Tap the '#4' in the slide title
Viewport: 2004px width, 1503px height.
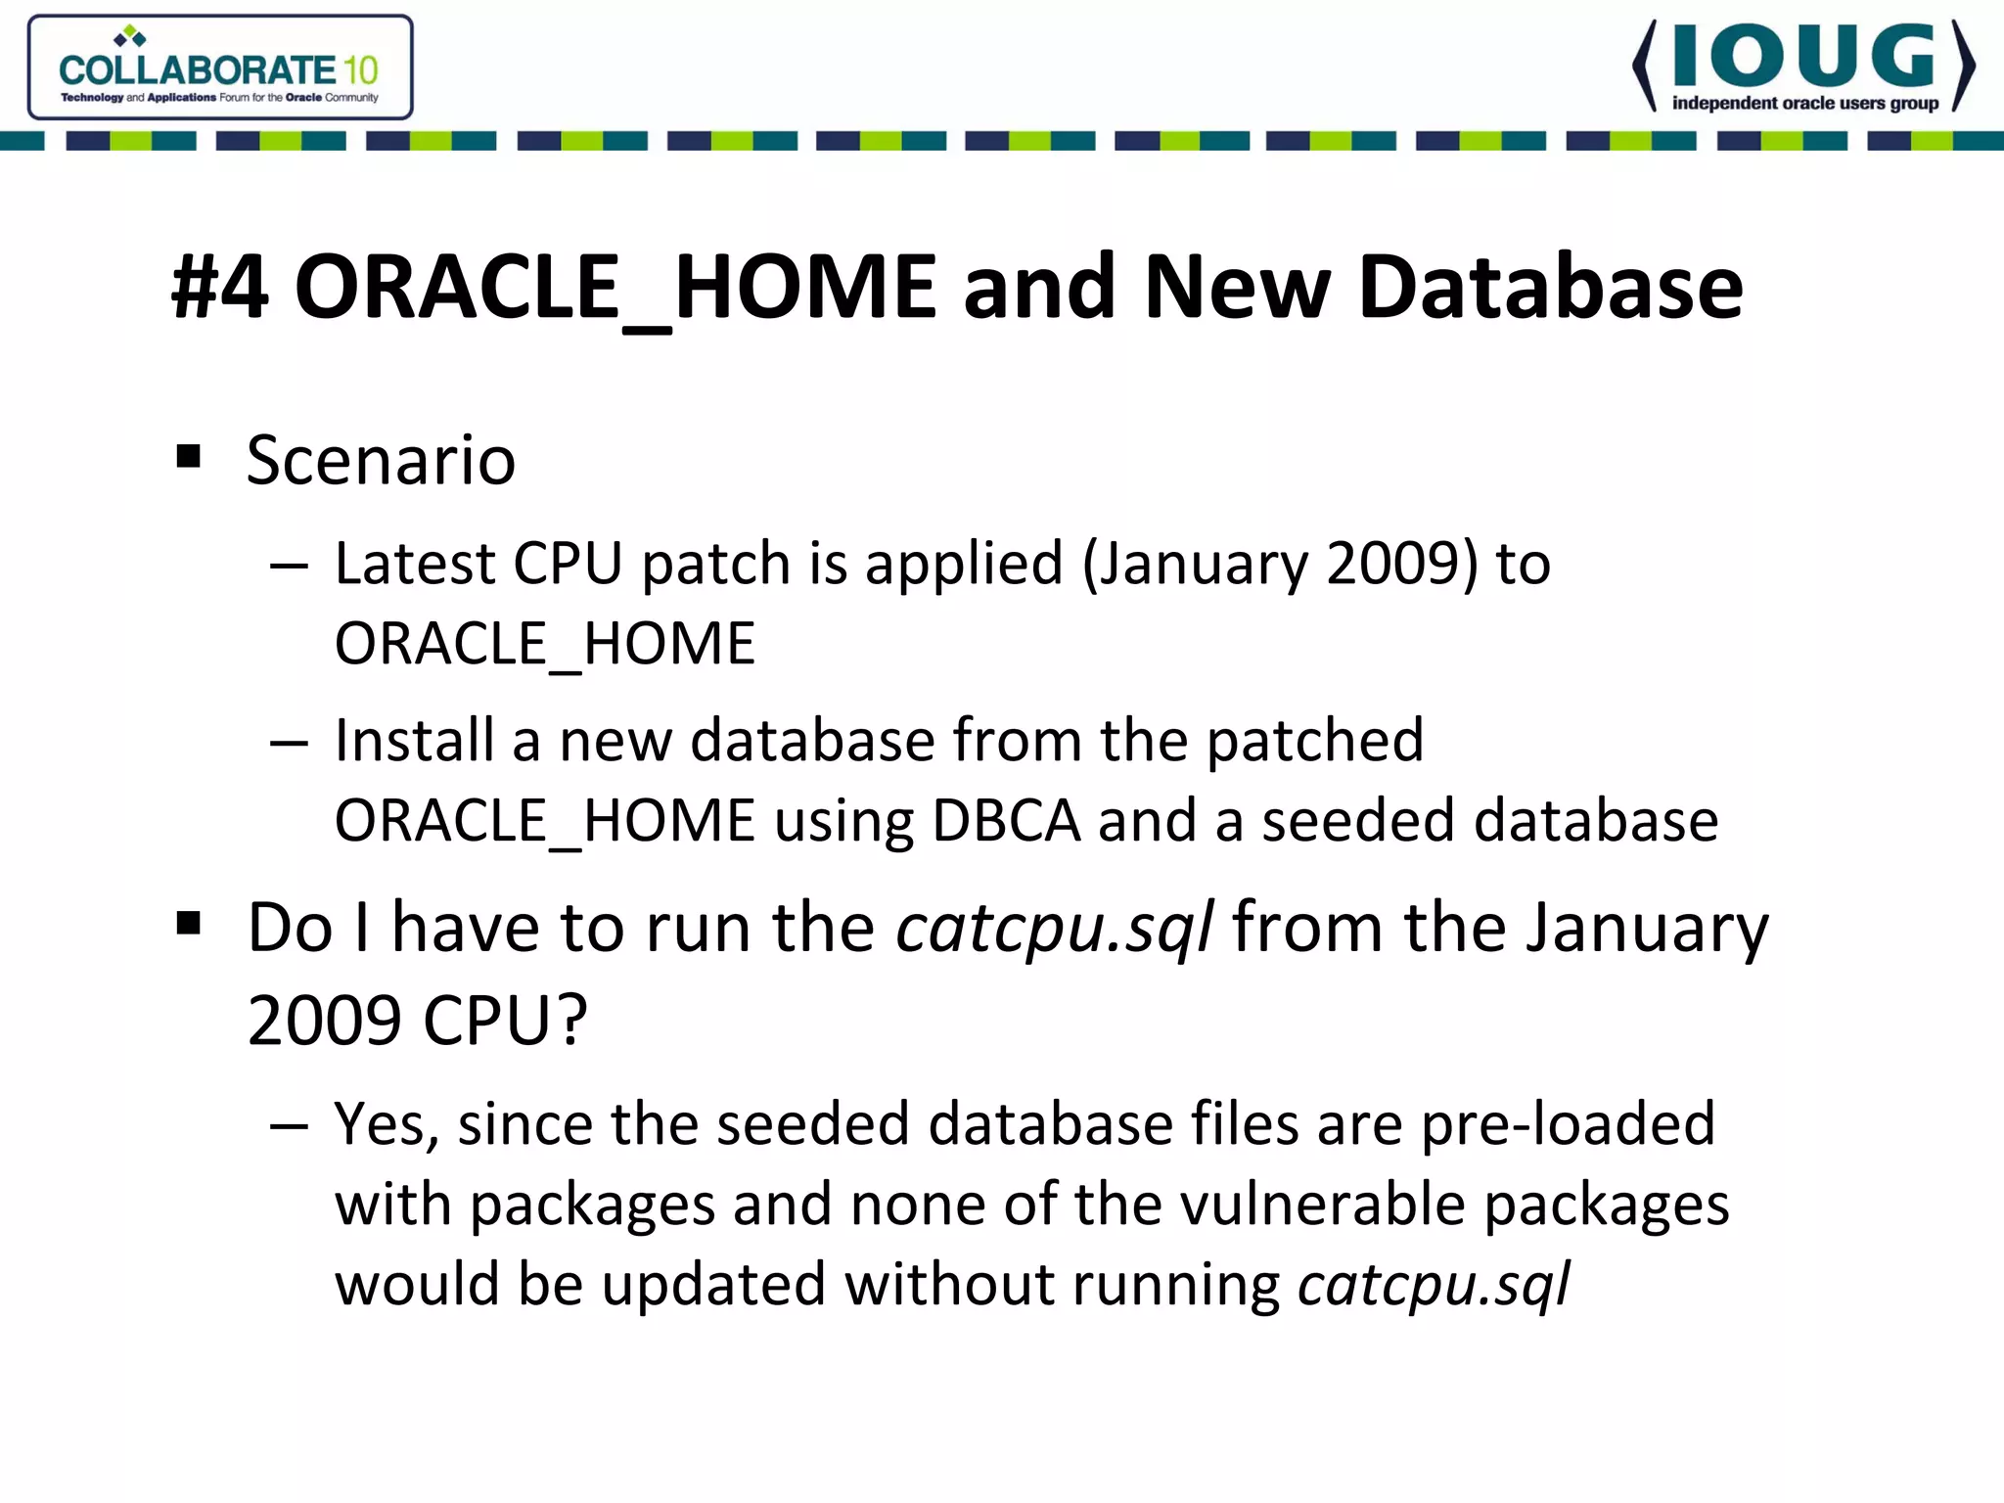[x=220, y=287]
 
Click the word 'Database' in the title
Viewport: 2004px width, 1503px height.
[x=1550, y=287]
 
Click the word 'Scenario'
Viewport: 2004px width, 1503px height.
[x=381, y=460]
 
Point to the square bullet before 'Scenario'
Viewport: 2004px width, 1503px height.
[x=189, y=456]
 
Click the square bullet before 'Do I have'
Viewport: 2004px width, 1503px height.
[x=189, y=923]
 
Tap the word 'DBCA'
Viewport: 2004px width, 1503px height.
[x=1006, y=820]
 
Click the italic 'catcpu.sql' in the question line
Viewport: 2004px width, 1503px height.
[x=1055, y=928]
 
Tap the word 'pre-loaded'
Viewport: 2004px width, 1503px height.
[x=1568, y=1124]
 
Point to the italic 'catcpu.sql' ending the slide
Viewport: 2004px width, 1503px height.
[x=1434, y=1285]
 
